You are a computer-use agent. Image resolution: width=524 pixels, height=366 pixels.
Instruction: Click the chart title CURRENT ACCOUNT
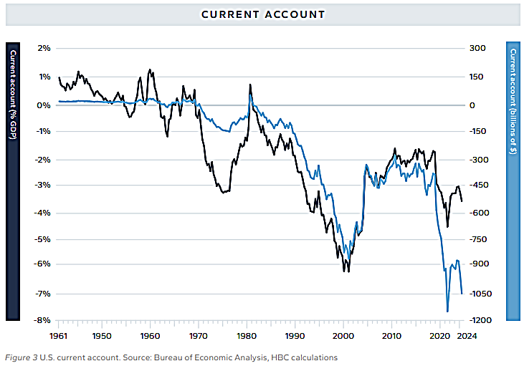pyautogui.click(x=262, y=14)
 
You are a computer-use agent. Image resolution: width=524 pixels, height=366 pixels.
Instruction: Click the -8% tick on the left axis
pyautogui.click(x=43, y=320)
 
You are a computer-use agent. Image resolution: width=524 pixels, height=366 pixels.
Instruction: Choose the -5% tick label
pyautogui.click(x=43, y=239)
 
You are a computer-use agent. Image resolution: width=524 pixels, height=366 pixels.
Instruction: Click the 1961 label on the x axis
pyautogui.click(x=59, y=335)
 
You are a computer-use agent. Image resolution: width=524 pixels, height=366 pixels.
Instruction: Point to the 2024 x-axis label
pyautogui.click(x=466, y=335)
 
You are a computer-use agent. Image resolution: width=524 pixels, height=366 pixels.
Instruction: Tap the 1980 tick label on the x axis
pyautogui.click(x=247, y=335)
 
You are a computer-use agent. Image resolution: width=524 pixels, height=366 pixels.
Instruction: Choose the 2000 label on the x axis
pyautogui.click(x=343, y=335)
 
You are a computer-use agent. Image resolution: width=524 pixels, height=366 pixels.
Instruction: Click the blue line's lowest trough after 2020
pyautogui.click(x=448, y=312)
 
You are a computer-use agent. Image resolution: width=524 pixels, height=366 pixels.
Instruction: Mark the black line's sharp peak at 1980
pyautogui.click(x=250, y=85)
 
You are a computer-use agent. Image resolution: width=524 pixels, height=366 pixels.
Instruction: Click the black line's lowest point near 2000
pyautogui.click(x=348, y=271)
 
